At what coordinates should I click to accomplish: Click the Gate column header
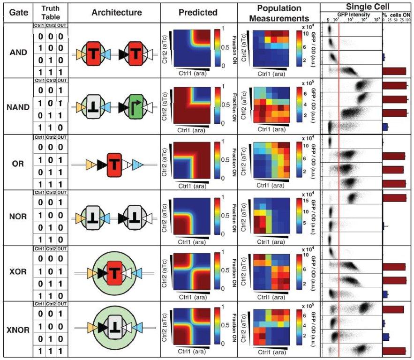pyautogui.click(x=15, y=12)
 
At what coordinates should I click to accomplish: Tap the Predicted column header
pyautogui.click(x=199, y=12)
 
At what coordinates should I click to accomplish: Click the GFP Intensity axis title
pyautogui.click(x=352, y=15)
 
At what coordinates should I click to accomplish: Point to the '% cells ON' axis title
pyautogui.click(x=398, y=15)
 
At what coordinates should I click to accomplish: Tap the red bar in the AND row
pyautogui.click(x=394, y=71)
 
